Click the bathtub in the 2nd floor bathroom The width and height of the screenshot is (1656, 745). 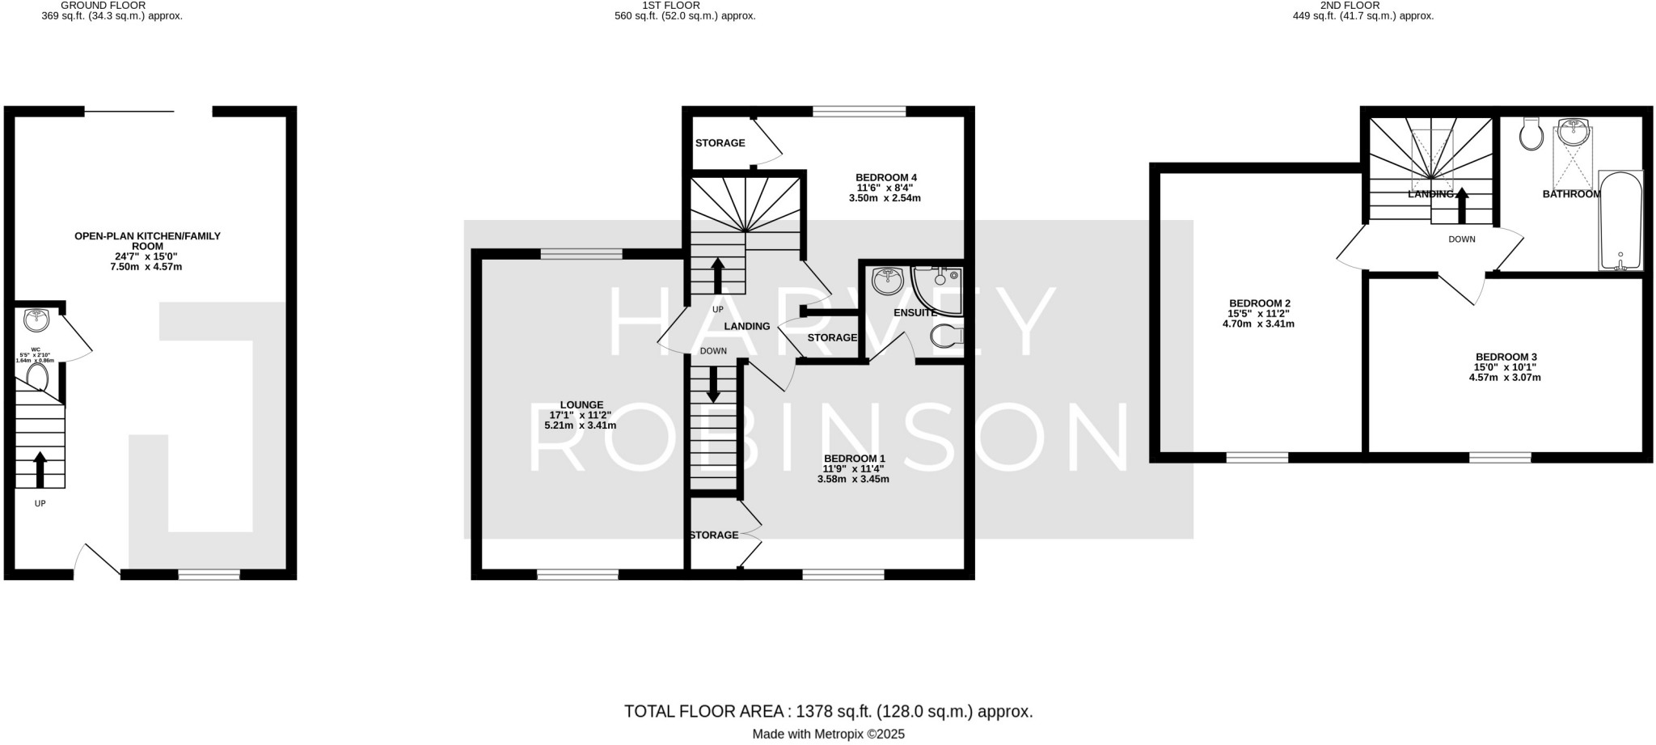1620,220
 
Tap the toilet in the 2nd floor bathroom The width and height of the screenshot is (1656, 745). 1531,135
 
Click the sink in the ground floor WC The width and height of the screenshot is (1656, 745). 36,320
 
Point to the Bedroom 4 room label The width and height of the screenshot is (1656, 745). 886,177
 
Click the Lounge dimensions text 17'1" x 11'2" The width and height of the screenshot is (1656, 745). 581,415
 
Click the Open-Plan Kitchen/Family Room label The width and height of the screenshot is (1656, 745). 147,241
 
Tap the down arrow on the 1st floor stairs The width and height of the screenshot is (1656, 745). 713,385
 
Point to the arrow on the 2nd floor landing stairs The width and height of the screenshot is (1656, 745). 1462,205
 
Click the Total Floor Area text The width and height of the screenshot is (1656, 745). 828,712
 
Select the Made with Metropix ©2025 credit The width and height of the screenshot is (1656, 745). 828,734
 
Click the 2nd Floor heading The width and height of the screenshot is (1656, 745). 1362,5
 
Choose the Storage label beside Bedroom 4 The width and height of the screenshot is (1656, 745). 720,143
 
